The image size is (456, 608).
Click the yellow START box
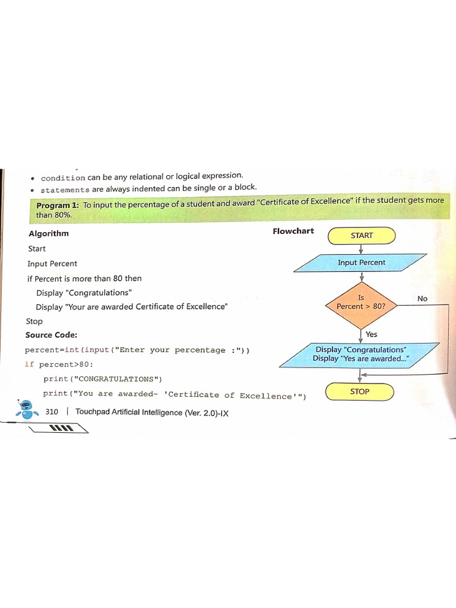tap(362, 236)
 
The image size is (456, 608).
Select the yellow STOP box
tap(360, 392)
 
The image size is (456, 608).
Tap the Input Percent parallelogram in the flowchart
tap(361, 263)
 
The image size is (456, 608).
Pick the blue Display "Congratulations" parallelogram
tap(360, 354)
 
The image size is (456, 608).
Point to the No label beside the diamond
tap(422, 299)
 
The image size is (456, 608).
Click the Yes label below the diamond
tap(372, 334)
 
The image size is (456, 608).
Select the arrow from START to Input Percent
tap(362, 249)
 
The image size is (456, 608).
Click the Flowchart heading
tap(293, 231)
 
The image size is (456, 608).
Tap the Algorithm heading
tap(49, 233)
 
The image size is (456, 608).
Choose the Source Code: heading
tap(51, 335)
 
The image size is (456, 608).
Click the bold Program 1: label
tap(58, 205)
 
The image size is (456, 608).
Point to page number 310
tap(52, 411)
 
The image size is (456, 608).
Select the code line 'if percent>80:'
tap(59, 364)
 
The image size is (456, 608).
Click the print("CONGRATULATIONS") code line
tap(103, 379)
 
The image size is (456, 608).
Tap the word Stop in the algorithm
tap(34, 321)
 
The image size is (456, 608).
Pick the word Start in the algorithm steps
tap(36, 249)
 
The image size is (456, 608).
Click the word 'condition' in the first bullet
tap(63, 178)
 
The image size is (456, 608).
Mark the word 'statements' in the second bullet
tap(65, 190)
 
